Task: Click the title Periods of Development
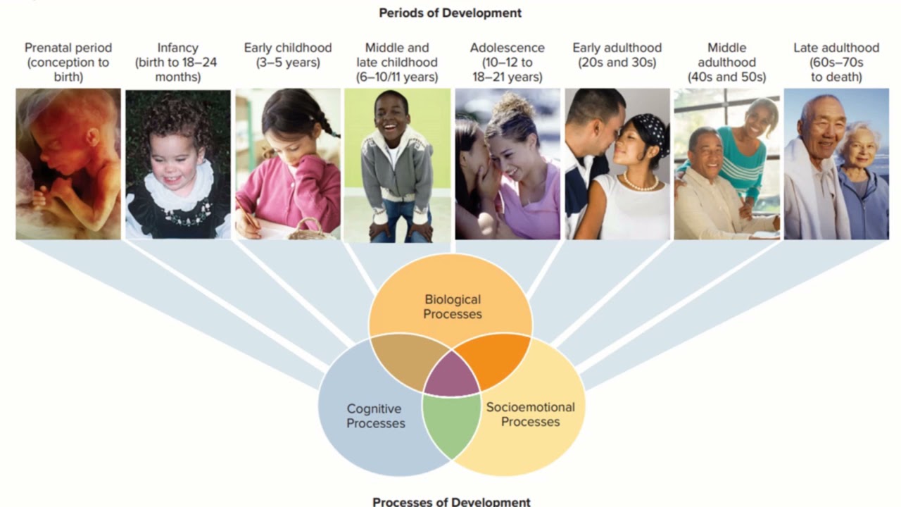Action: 450,13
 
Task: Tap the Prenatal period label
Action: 68,63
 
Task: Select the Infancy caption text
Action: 178,63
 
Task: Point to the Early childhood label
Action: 288,55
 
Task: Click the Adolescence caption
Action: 508,63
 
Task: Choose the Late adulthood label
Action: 836,63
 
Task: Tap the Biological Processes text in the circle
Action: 453,306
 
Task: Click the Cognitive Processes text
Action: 376,416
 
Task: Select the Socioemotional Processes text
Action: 531,415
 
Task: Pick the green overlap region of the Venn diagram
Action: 452,425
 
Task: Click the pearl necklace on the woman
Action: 641,183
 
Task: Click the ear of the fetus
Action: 92,137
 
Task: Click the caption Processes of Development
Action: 451,501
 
